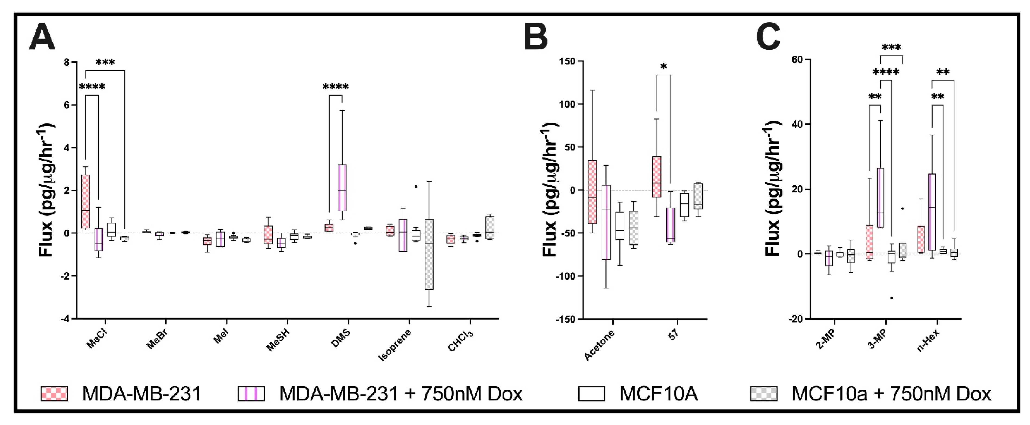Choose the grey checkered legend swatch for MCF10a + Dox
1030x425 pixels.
(764, 394)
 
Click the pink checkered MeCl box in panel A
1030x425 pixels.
(86, 201)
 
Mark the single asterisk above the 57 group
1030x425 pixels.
(664, 67)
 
